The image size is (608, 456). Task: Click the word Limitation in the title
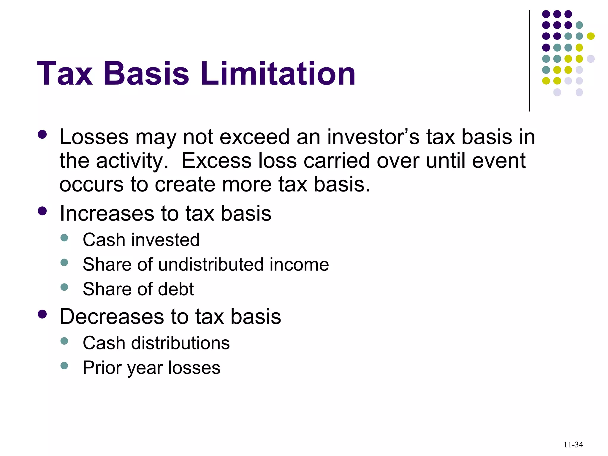click(x=278, y=73)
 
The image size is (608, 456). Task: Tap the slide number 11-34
click(x=573, y=444)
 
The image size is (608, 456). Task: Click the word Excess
click(x=216, y=161)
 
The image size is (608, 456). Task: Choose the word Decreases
click(x=112, y=316)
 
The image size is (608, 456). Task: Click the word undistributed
click(x=211, y=264)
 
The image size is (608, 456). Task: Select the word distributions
click(x=180, y=343)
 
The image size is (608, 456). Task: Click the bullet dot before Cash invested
click(x=64, y=238)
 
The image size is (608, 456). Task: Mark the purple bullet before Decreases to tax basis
click(x=42, y=314)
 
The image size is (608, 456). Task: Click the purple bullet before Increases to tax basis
click(x=42, y=211)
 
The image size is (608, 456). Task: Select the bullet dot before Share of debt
click(x=64, y=287)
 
